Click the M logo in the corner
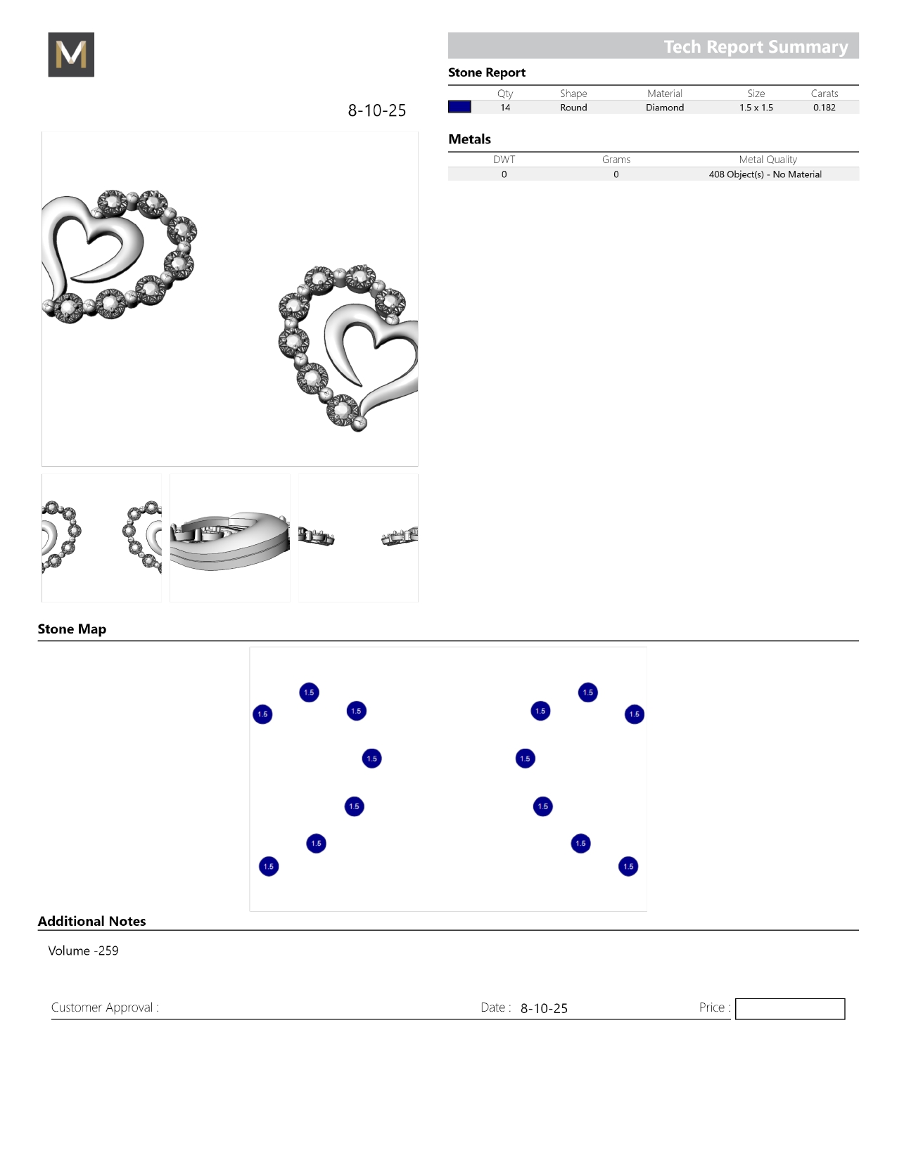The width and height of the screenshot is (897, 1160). pos(71,55)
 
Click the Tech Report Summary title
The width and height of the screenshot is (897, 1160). pos(756,46)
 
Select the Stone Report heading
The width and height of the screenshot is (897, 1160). pos(487,72)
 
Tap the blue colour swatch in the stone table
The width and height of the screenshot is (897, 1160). pos(459,107)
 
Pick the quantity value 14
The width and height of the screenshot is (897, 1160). pos(505,108)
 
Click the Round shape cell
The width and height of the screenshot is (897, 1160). pos(573,108)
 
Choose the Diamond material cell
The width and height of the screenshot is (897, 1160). pos(665,108)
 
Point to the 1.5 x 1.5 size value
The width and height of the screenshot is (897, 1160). pos(756,108)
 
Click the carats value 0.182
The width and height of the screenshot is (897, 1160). pos(824,108)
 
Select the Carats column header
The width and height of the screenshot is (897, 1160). pos(824,94)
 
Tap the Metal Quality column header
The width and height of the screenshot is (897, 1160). pos(768,160)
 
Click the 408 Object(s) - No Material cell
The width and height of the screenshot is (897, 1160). pos(765,174)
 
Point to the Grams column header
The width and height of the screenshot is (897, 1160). pos(616,160)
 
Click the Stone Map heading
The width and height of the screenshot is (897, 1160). pos(72,629)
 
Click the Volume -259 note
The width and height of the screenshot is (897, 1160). pos(83,950)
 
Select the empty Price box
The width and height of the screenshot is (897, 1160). pos(789,1009)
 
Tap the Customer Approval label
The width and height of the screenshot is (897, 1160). pos(105,1007)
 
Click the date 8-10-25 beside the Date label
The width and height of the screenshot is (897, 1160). pos(544,1008)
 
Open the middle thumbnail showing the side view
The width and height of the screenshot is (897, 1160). pos(230,538)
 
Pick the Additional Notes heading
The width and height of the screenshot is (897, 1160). pos(91,921)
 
